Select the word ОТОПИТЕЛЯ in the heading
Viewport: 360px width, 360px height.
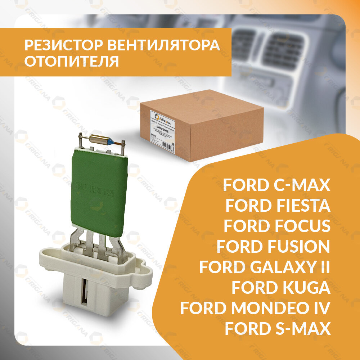(72, 62)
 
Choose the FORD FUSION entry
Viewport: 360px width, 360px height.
(273, 247)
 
